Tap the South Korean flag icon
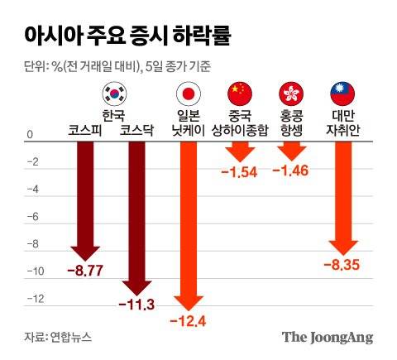(112, 94)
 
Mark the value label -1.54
(239, 171)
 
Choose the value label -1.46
(290, 171)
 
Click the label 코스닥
(137, 129)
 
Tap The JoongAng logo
(328, 337)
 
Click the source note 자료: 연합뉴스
(57, 337)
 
